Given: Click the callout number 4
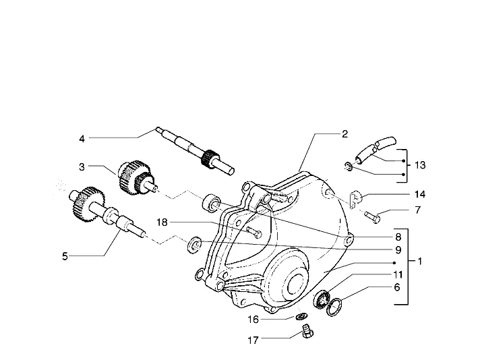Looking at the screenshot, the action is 82,139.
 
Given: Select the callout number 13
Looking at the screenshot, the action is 420,165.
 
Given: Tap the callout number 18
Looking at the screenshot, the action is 162,222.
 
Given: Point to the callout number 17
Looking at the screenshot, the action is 253,340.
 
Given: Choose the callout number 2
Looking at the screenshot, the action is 344,134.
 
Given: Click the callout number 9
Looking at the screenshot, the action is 398,250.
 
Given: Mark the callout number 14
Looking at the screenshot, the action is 420,194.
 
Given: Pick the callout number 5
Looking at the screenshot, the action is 65,256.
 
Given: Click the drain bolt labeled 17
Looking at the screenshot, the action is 307,332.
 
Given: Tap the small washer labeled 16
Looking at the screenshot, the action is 302,316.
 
